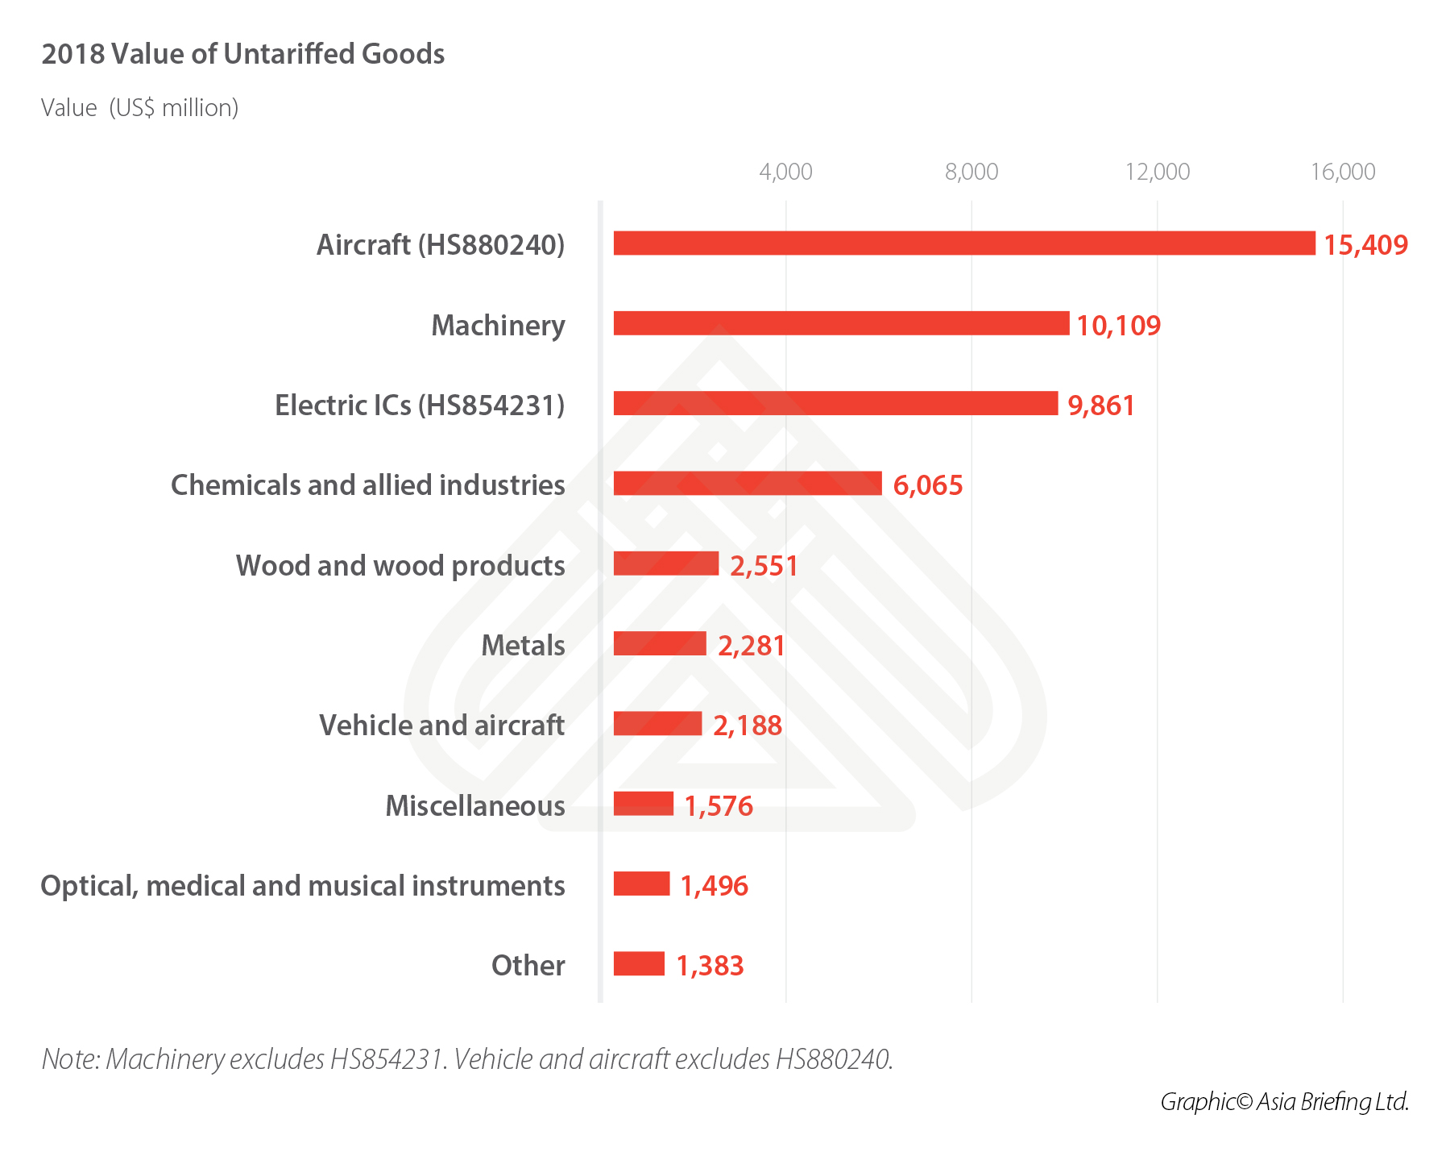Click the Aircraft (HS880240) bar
(x=963, y=243)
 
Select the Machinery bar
(x=841, y=323)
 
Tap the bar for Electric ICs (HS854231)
(x=835, y=403)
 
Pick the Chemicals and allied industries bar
(x=748, y=484)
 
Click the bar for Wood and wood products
(x=665, y=563)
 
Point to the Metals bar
(x=660, y=643)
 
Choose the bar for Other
(x=639, y=964)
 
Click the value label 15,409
(x=1365, y=245)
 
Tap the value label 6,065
(x=928, y=485)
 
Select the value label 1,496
(x=715, y=886)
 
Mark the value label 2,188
(x=748, y=726)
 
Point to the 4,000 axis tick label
(x=785, y=172)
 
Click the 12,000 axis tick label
(x=1158, y=172)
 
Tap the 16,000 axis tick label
(x=1343, y=172)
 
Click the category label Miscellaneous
(x=475, y=805)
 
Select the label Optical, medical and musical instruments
(x=303, y=886)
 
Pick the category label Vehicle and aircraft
(x=442, y=726)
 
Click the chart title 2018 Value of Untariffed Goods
(x=243, y=54)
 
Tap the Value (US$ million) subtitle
(x=140, y=108)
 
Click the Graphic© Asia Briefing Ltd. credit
(x=1284, y=1101)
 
